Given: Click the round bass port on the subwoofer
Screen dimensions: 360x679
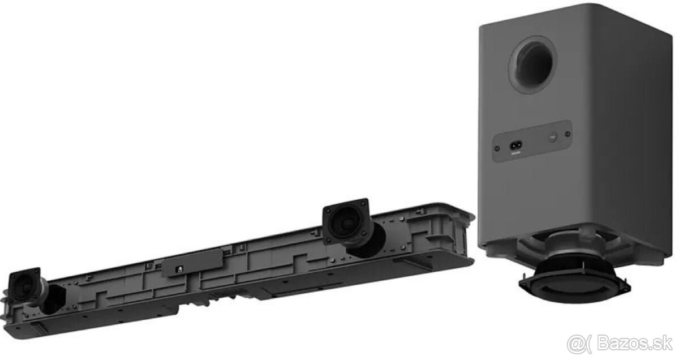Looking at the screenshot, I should point(532,64).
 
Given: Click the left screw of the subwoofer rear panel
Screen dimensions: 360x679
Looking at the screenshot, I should point(497,148).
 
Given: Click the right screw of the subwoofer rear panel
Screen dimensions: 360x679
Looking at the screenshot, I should point(568,134).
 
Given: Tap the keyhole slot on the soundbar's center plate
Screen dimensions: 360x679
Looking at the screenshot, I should point(179,268).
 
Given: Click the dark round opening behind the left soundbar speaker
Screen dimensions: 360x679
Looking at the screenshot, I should point(54,298).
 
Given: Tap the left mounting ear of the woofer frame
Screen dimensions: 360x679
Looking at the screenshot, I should point(525,282).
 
